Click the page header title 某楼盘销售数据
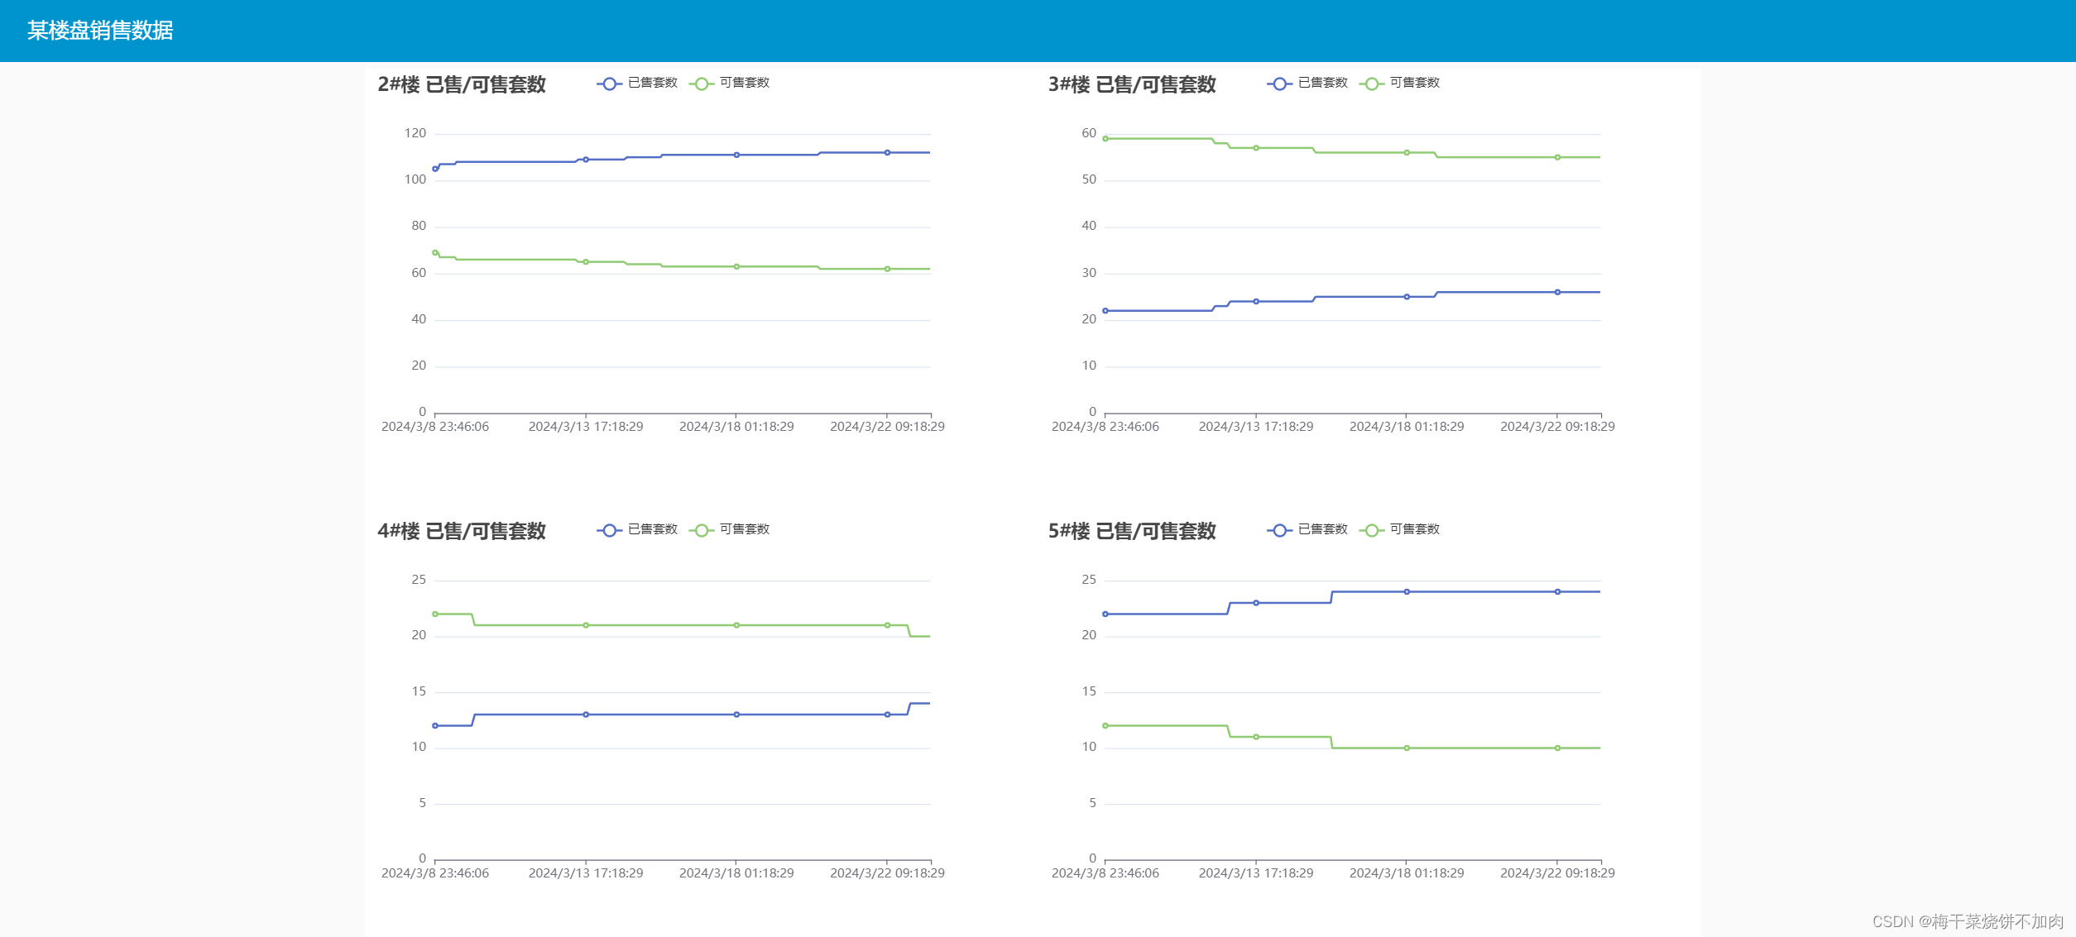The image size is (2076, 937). click(100, 31)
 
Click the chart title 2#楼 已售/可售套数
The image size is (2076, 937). click(462, 84)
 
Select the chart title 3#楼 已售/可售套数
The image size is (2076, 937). click(1132, 84)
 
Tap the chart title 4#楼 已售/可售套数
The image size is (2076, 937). click(462, 531)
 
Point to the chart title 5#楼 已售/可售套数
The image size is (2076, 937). click(1132, 531)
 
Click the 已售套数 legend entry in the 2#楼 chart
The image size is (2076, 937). click(638, 83)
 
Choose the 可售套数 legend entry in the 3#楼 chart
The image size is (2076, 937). click(1400, 83)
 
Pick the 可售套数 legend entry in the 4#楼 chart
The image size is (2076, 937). click(730, 529)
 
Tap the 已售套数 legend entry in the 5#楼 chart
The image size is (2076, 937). click(1308, 529)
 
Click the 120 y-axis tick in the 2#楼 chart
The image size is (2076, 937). click(415, 133)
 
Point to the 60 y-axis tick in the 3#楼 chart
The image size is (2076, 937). click(1089, 133)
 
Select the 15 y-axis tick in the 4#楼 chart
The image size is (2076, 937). click(419, 691)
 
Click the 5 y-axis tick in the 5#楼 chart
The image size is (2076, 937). click(1092, 803)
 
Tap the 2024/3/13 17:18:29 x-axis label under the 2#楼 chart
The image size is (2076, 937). click(586, 427)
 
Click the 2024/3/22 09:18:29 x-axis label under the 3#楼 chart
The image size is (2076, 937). click(1557, 427)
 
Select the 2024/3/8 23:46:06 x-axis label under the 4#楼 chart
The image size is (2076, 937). click(435, 873)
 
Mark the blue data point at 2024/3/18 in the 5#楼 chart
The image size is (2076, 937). click(1407, 592)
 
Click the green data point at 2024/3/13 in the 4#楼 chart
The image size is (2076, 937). click(586, 625)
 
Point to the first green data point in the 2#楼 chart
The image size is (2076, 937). click(435, 253)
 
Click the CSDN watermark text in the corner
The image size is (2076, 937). click(1968, 921)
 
